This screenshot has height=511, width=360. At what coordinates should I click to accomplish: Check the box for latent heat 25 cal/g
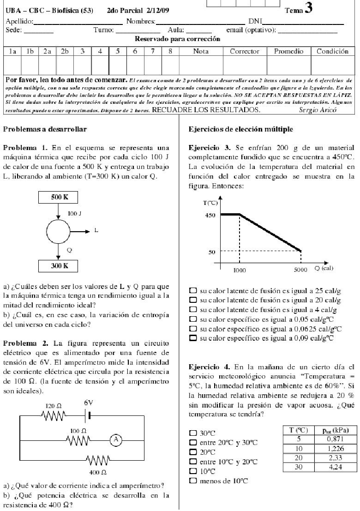pyautogui.click(x=193, y=291)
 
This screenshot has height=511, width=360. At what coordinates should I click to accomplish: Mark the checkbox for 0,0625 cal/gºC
pyautogui.click(x=193, y=329)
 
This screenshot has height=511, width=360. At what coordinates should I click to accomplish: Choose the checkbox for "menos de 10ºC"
pyautogui.click(x=193, y=481)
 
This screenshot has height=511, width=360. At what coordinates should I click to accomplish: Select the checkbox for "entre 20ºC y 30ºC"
pyautogui.click(x=193, y=442)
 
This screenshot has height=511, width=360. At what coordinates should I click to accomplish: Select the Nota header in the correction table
pyautogui.click(x=201, y=51)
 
